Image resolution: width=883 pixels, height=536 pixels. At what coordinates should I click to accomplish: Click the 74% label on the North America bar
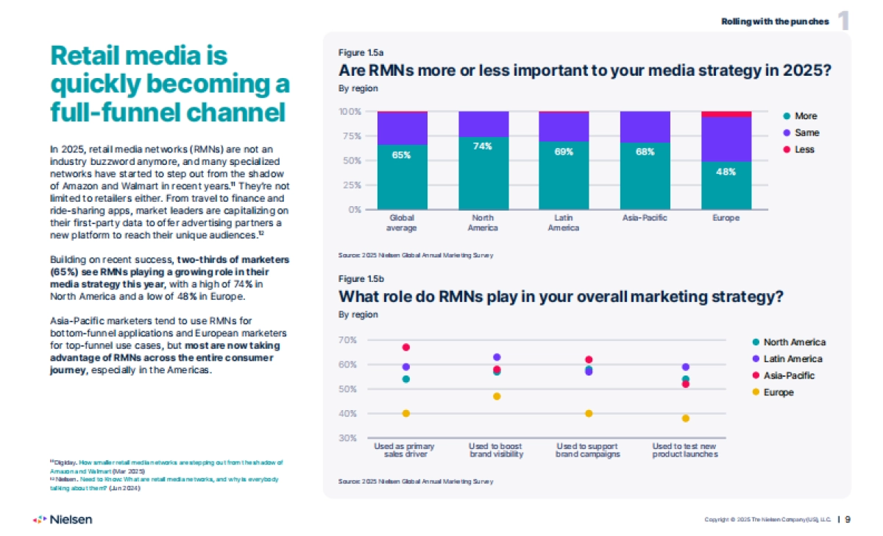[483, 147]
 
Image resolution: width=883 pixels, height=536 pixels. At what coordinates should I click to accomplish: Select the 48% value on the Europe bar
[726, 172]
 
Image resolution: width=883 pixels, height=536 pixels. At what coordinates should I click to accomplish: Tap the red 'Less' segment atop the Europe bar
[726, 114]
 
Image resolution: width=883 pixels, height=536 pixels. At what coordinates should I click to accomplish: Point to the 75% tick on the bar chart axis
[350, 136]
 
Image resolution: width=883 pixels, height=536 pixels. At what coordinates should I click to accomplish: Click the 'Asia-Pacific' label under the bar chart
[645, 218]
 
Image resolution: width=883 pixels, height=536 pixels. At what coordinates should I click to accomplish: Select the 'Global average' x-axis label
[402, 223]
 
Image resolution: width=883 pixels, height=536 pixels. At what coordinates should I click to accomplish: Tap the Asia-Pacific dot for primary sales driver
[405, 348]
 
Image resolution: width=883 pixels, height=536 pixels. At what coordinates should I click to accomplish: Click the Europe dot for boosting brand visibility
[497, 396]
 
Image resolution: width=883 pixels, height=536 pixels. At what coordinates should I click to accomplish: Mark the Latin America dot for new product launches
[686, 367]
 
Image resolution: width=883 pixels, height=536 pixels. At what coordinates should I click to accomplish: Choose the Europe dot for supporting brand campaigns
[589, 413]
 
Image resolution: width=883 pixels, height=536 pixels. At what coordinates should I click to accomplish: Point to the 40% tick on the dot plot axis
[347, 414]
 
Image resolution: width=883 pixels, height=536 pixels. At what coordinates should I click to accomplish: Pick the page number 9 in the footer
[848, 519]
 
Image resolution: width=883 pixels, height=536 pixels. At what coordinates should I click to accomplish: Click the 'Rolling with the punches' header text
[775, 21]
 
